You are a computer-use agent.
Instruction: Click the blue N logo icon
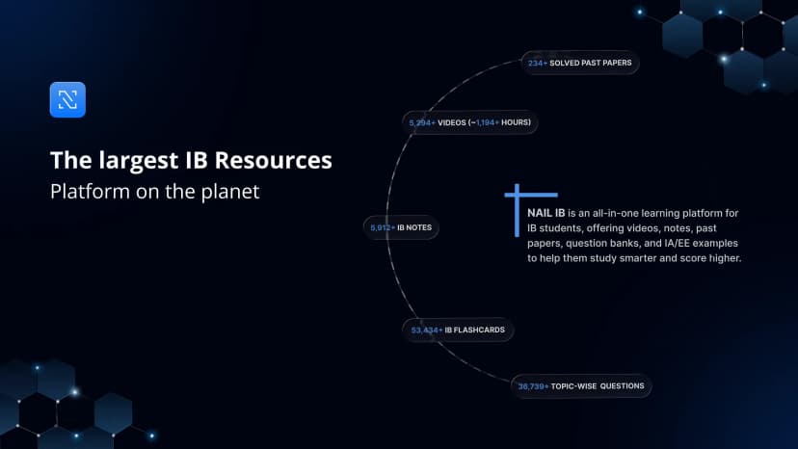[67, 100]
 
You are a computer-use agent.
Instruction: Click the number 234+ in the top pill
[537, 64]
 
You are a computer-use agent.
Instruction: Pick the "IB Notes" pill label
[414, 227]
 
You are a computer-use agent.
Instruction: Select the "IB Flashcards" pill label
[474, 330]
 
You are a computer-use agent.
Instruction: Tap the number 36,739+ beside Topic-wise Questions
[534, 386]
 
